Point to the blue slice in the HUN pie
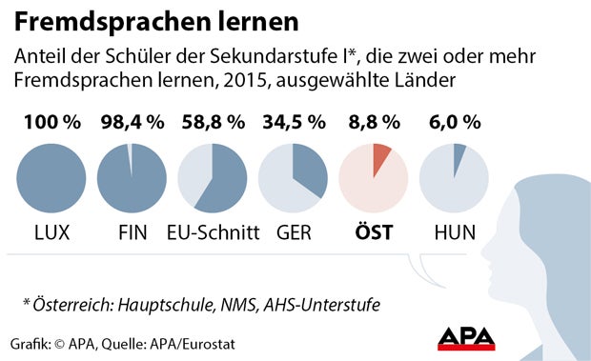click(x=459, y=158)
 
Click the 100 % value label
click(x=51, y=124)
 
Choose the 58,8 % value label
click(x=212, y=124)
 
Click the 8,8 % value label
click(x=374, y=124)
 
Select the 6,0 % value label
click(x=454, y=124)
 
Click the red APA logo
click(x=472, y=338)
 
